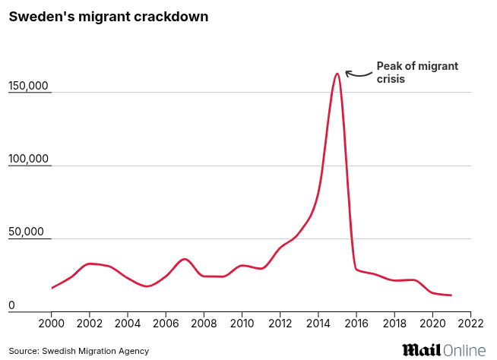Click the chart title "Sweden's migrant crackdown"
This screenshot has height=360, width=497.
tap(109, 17)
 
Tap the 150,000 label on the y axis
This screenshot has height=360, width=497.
tap(29, 87)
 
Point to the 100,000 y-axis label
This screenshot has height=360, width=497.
tap(29, 159)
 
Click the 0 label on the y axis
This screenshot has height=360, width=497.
tap(12, 305)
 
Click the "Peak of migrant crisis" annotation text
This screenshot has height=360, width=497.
tap(417, 72)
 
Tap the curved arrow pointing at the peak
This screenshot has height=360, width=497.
tap(357, 73)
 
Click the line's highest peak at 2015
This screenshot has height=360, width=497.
tap(337, 74)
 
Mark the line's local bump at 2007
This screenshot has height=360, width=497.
tap(185, 259)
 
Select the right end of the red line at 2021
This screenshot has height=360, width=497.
tap(451, 295)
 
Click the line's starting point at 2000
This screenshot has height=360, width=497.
tap(52, 288)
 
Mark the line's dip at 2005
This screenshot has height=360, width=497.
tap(147, 286)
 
